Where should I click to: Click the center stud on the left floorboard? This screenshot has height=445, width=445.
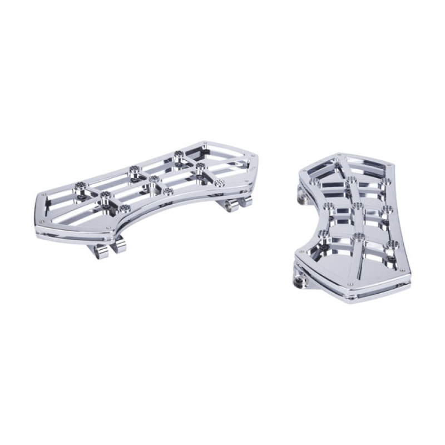(154, 179)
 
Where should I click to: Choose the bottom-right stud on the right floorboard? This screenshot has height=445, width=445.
(392, 244)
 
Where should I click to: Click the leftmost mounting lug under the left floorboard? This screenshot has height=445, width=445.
(101, 251)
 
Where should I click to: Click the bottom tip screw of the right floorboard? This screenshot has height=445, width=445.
(350, 285)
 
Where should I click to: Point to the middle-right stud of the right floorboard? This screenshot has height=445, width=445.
(387, 209)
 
